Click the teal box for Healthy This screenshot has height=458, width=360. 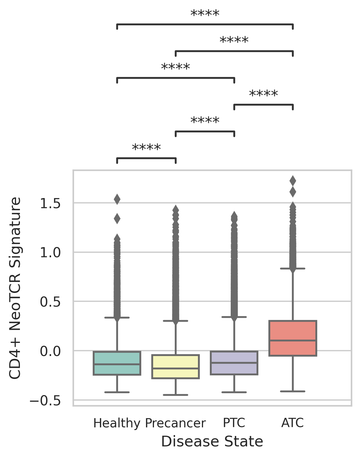pos(117,363)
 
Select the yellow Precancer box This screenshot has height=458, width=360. pos(175,366)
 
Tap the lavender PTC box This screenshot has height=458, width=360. pos(234,363)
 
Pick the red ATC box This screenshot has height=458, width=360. pos(293,338)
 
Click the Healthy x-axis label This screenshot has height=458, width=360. pos(117,423)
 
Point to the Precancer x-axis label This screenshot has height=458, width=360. pos(175,423)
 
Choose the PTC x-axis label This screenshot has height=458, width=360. pos(234,423)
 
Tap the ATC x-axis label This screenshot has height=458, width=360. pos(293,423)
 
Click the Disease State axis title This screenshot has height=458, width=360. pos(212,442)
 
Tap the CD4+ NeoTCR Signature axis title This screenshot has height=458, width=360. pos(15,288)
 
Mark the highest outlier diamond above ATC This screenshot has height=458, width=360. pos(293,181)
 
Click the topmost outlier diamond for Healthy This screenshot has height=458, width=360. pos(117,199)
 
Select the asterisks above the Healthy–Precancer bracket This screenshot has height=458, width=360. pos(146,148)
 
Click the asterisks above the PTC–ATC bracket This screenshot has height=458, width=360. pos(263,95)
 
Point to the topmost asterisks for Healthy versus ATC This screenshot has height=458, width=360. pos(205,14)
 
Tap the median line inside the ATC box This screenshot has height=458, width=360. pos(293,341)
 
